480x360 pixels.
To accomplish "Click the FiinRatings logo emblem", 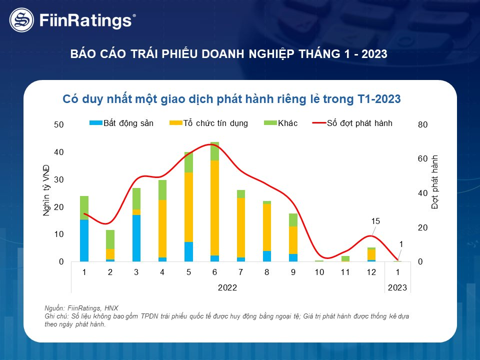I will coord(21,20).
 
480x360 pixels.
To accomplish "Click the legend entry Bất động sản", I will coord(121,123).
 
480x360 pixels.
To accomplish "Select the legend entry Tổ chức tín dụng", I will coord(209,123).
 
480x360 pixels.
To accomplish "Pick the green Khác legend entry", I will coord(282,123).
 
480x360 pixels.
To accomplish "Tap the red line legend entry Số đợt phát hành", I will coord(352,123).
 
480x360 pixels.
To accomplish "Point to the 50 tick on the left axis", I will coord(59,124).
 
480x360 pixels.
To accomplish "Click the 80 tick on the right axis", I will coord(422,124).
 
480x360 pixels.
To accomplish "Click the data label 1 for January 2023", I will coord(400,243).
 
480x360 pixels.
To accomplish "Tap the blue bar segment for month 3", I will coord(136,238).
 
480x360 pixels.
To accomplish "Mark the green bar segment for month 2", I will coord(110,239).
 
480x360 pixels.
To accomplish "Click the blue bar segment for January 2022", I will coord(84,240).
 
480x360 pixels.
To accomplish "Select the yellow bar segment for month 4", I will coord(162,228).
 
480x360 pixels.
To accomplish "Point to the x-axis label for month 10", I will coord(319,272).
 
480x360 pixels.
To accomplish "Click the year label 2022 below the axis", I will coord(227,288).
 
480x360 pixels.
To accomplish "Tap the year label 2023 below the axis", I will coord(397,288).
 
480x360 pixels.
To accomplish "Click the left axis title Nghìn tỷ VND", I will coord(46,189).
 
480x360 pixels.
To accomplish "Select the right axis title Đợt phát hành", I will coord(434,182).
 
